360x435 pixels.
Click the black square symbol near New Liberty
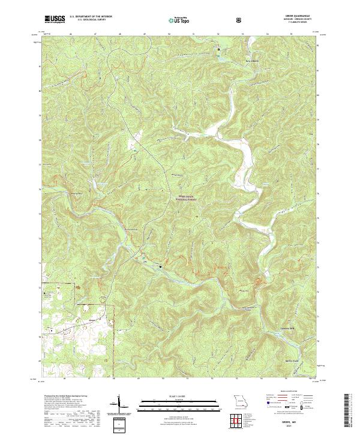coord(218,49)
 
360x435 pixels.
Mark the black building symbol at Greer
coord(160,266)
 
